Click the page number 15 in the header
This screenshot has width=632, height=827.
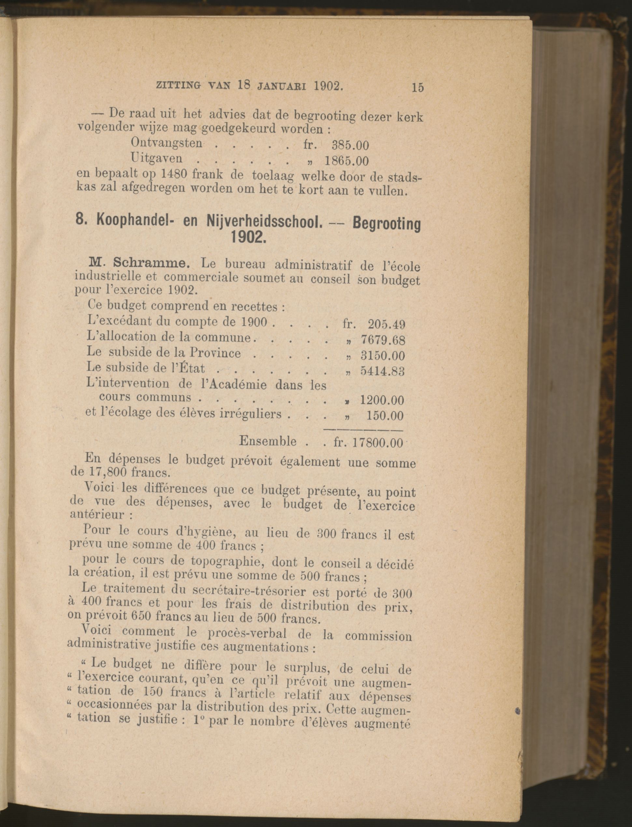pos(417,87)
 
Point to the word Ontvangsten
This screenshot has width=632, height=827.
pos(167,143)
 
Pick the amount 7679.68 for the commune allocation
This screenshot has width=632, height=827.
pos(383,340)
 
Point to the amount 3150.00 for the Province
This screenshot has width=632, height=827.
pos(383,356)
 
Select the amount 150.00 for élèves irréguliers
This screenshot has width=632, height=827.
pos(385,416)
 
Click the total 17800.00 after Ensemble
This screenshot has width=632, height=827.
pos(378,443)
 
